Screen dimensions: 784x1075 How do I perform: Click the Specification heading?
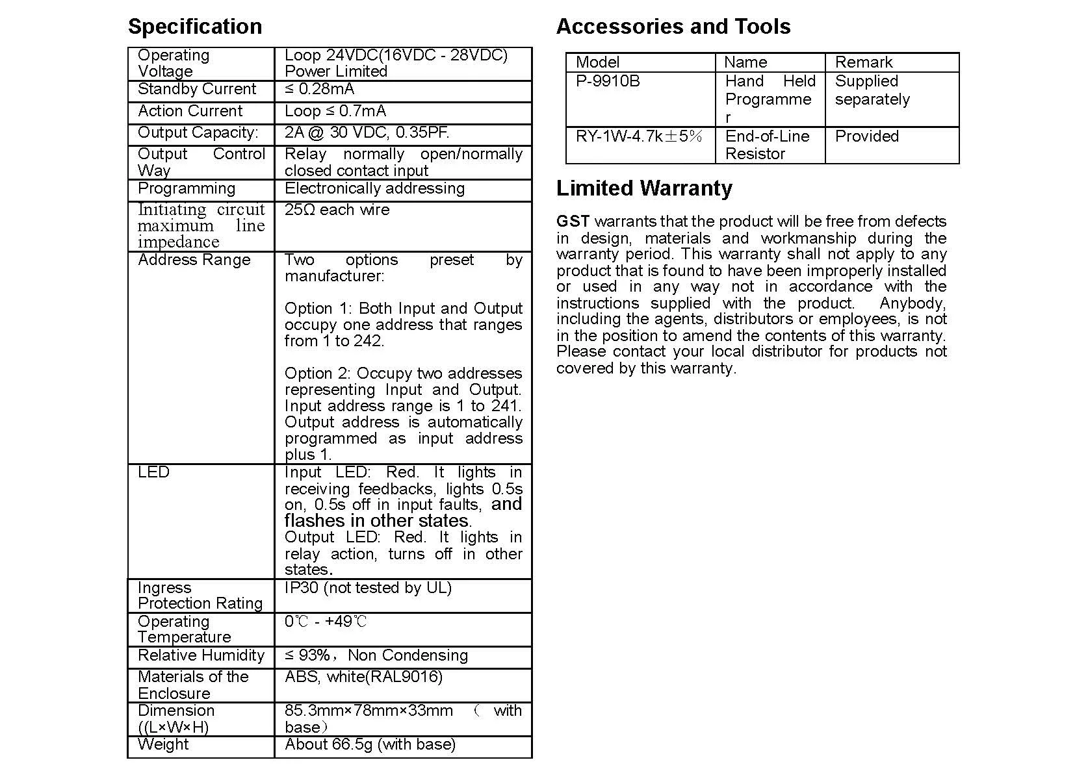195,27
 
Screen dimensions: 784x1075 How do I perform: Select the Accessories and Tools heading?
673,27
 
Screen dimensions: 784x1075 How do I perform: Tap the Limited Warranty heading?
644,188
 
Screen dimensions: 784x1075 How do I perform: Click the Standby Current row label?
197,89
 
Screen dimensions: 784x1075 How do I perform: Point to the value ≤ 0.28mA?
320,89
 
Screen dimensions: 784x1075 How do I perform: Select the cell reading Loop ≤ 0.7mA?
335,111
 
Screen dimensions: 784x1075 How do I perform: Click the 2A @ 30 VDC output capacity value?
367,133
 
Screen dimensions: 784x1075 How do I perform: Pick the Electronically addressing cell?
374,188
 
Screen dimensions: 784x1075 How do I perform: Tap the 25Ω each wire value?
337,210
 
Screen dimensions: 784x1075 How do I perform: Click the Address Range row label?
194,260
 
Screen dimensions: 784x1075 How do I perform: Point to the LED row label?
153,472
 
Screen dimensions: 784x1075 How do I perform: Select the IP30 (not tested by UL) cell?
368,588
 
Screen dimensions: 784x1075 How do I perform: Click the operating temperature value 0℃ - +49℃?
326,622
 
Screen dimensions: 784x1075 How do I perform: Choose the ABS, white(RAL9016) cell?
363,677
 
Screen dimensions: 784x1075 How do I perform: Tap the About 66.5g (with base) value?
370,744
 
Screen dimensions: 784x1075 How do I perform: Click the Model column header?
597,62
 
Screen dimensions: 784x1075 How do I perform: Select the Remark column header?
864,62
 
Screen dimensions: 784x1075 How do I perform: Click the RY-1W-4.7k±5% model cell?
639,136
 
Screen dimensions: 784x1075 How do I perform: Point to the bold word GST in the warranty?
573,221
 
